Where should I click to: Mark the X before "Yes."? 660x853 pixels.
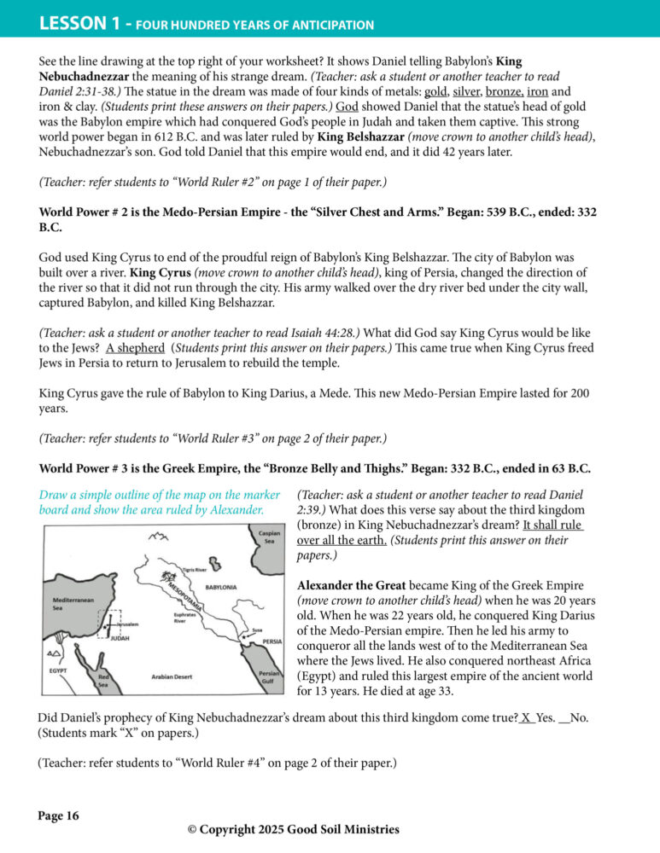tap(527, 718)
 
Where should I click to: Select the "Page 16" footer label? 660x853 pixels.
tap(58, 816)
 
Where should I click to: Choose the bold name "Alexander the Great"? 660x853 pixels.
tap(352, 585)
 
